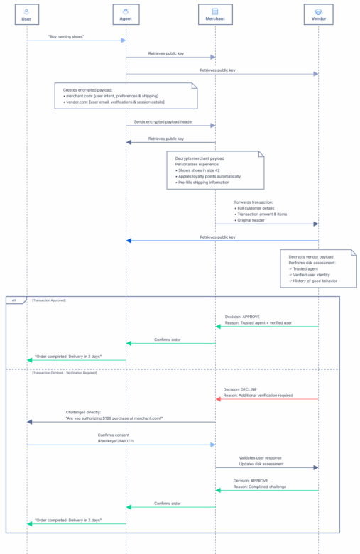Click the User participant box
(x=26, y=14)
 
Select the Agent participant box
(x=126, y=14)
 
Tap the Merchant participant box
(x=215, y=14)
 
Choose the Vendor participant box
(x=318, y=14)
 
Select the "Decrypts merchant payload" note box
(x=214, y=170)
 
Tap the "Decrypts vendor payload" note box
(x=318, y=267)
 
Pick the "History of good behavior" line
(x=312, y=281)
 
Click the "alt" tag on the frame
(x=14, y=300)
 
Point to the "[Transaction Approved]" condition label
(x=49, y=300)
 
